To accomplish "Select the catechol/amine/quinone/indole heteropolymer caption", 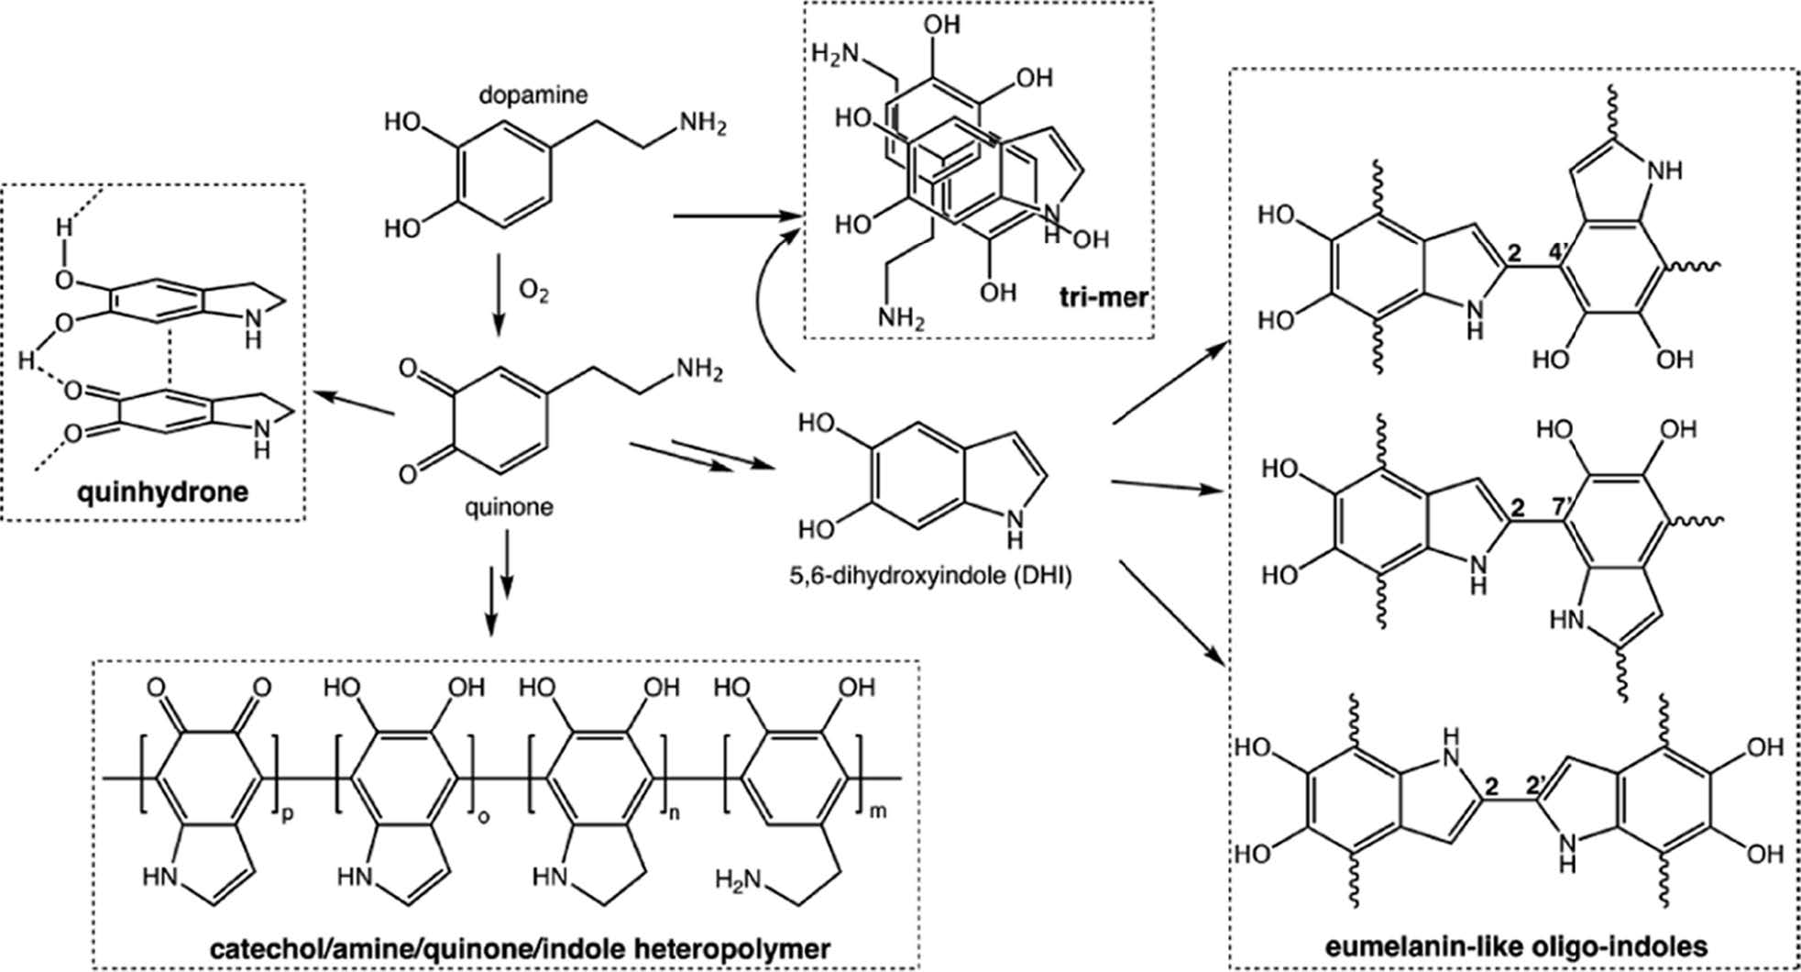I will [505, 945].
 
